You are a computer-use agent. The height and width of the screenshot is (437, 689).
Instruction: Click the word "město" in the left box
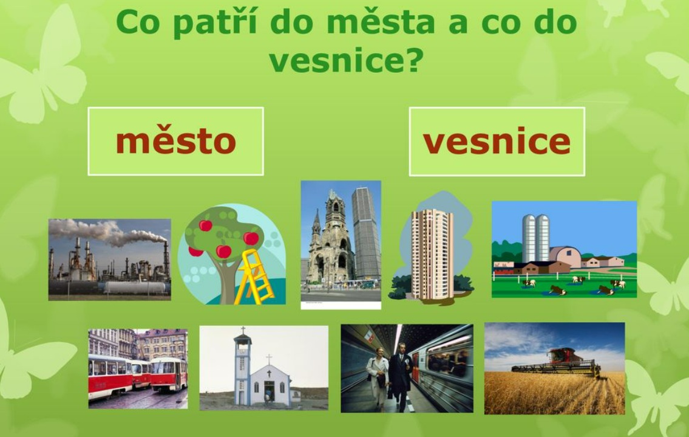pos(176,141)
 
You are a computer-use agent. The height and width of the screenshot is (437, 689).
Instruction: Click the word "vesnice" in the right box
pos(497,141)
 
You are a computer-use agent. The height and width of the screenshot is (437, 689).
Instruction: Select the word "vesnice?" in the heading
pos(346,60)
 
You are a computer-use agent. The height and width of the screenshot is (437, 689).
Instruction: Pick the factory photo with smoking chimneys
pos(110,260)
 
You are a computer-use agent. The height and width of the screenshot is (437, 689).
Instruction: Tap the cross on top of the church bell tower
pos(242,331)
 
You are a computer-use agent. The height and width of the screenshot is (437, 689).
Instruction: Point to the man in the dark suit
pos(400,376)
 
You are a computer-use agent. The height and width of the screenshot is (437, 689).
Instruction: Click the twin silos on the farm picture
pos(536,238)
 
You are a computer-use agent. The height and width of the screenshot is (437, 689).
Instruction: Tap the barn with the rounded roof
pos(565,256)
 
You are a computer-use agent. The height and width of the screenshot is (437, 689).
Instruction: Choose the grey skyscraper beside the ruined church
pos(366,233)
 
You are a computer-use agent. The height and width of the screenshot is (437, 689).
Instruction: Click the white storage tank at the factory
pos(136,287)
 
